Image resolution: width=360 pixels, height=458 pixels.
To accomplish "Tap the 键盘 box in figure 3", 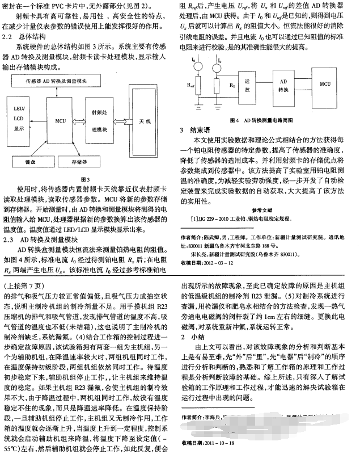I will (x=36, y=161).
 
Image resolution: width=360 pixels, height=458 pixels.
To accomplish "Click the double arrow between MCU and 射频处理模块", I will (x=78, y=120).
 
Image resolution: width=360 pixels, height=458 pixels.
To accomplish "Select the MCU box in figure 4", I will (x=325, y=83).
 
